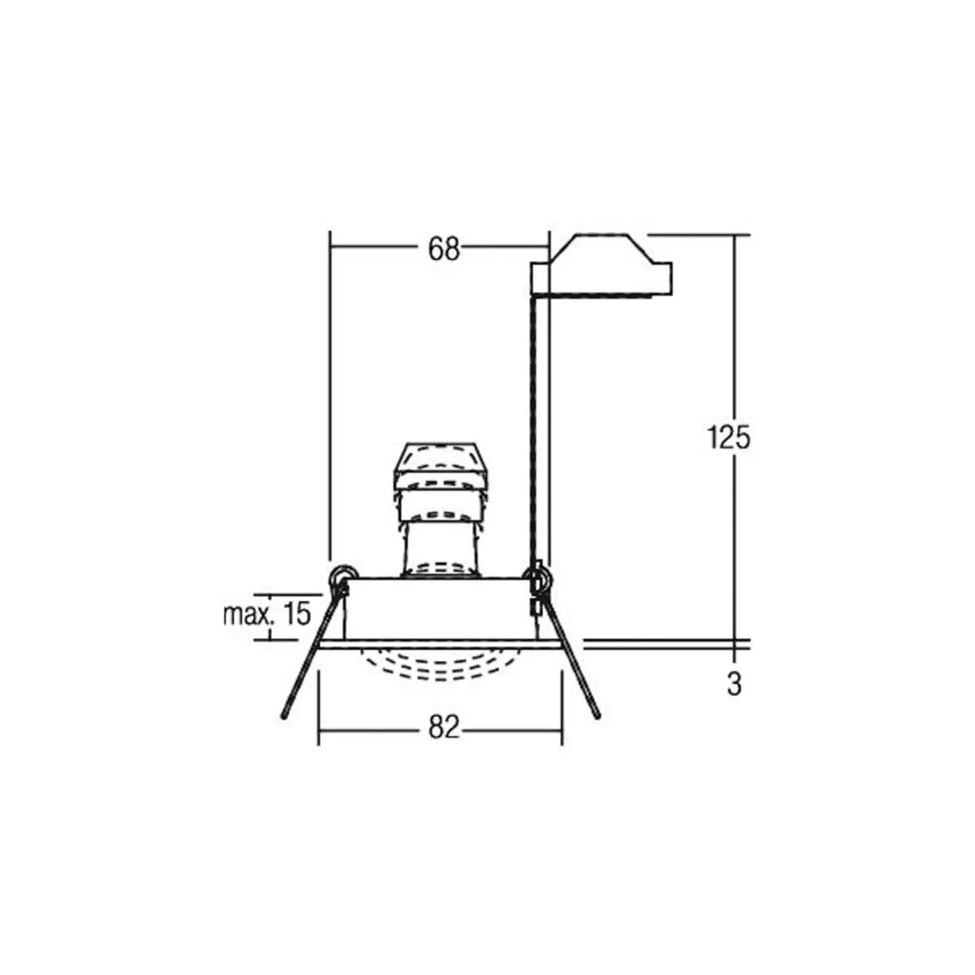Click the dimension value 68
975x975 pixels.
click(443, 249)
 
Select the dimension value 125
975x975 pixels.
click(728, 437)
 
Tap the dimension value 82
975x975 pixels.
click(443, 728)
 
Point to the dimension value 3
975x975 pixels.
click(734, 683)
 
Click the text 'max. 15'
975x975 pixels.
click(267, 614)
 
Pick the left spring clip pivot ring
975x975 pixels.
click(341, 575)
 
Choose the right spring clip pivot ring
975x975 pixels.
click(539, 576)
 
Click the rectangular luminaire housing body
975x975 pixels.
click(442, 608)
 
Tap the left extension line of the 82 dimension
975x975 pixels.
click(318, 708)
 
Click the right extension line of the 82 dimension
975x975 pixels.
click(562, 708)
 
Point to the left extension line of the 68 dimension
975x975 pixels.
click(330, 390)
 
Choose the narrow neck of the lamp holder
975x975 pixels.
click(441, 539)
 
